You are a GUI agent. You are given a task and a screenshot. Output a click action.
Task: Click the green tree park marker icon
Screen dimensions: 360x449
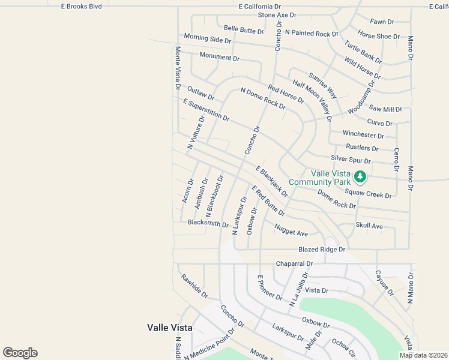point(360,176)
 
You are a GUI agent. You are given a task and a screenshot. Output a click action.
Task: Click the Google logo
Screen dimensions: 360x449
point(20,353)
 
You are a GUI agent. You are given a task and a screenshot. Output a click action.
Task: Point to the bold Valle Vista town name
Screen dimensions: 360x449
point(170,328)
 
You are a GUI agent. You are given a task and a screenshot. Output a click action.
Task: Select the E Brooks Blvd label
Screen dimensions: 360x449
point(82,6)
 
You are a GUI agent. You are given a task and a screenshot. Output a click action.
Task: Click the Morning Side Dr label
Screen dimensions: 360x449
point(207,38)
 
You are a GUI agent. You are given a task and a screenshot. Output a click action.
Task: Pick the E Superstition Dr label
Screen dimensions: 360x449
point(206,110)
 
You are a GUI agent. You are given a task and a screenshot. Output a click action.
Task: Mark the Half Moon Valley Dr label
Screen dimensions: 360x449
point(312,100)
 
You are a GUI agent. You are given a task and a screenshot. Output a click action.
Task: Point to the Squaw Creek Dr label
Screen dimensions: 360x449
point(368,194)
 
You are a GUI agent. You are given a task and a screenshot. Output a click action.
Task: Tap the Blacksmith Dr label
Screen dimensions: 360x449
point(208,223)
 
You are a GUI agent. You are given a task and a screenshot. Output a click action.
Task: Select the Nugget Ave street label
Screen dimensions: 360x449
point(291,230)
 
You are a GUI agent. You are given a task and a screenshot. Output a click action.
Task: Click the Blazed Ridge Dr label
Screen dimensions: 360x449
point(322,249)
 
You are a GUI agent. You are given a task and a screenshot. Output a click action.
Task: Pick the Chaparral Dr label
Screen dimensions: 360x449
point(294,263)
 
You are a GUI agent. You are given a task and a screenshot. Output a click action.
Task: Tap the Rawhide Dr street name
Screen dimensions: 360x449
point(194,286)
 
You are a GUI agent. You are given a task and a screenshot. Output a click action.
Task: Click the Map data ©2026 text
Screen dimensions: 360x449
point(423,355)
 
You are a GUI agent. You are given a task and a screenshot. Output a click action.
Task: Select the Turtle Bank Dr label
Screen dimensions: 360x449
point(363,52)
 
